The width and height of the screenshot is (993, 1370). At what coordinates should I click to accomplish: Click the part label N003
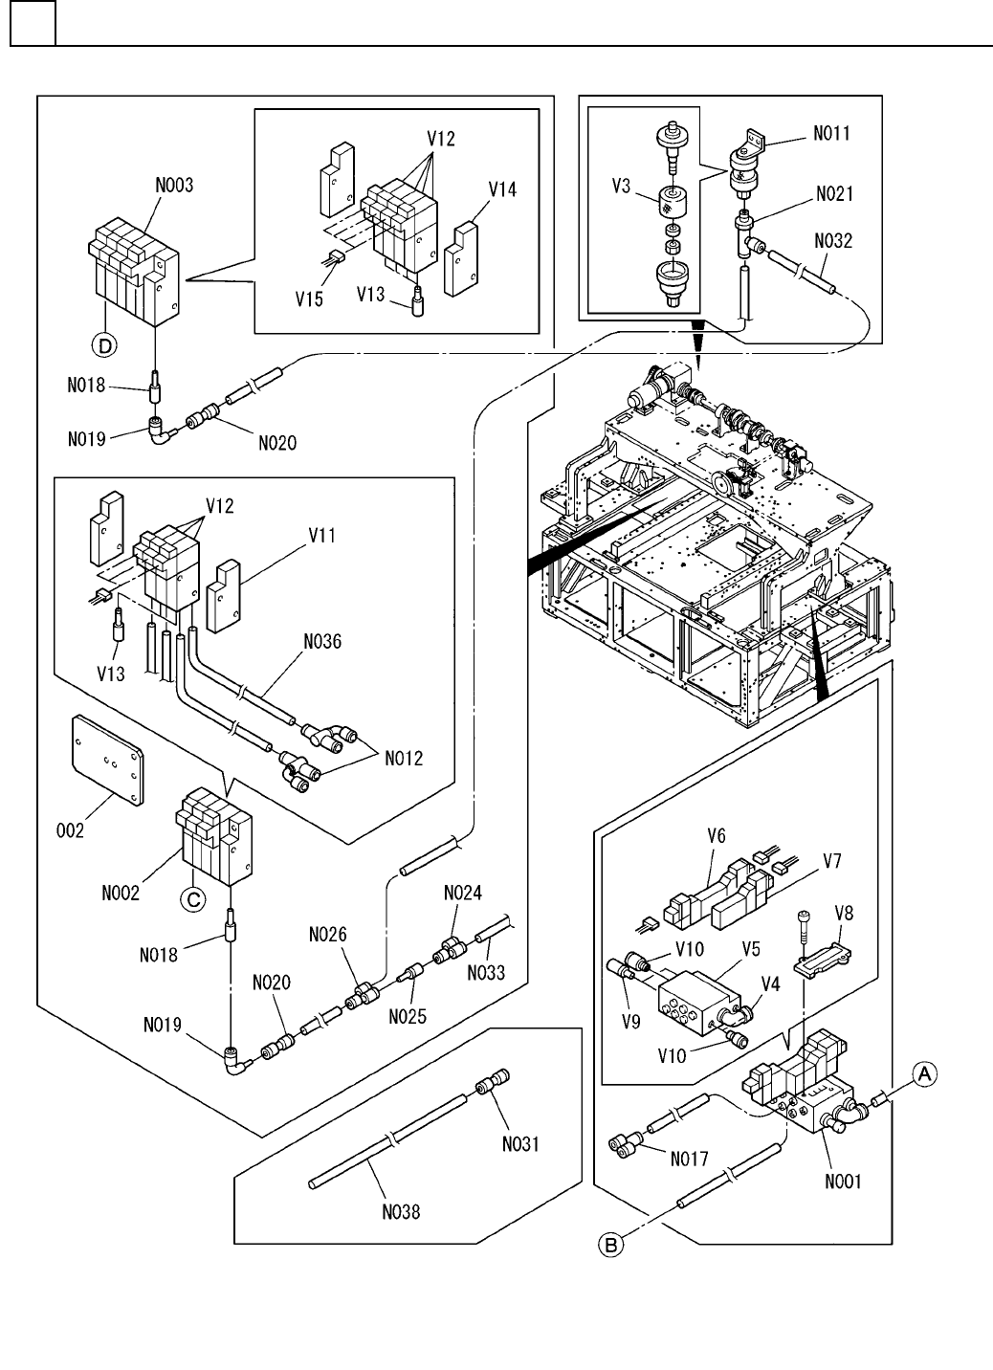click(175, 186)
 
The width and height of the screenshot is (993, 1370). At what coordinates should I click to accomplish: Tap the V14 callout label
click(503, 189)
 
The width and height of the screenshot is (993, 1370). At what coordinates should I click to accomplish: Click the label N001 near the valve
click(843, 1181)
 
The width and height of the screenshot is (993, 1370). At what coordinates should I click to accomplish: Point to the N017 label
click(689, 1160)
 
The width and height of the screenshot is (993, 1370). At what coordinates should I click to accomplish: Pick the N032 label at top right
click(833, 242)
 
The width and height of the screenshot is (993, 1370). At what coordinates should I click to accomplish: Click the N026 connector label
click(328, 935)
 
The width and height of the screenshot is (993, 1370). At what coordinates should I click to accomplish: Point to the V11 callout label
click(320, 538)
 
